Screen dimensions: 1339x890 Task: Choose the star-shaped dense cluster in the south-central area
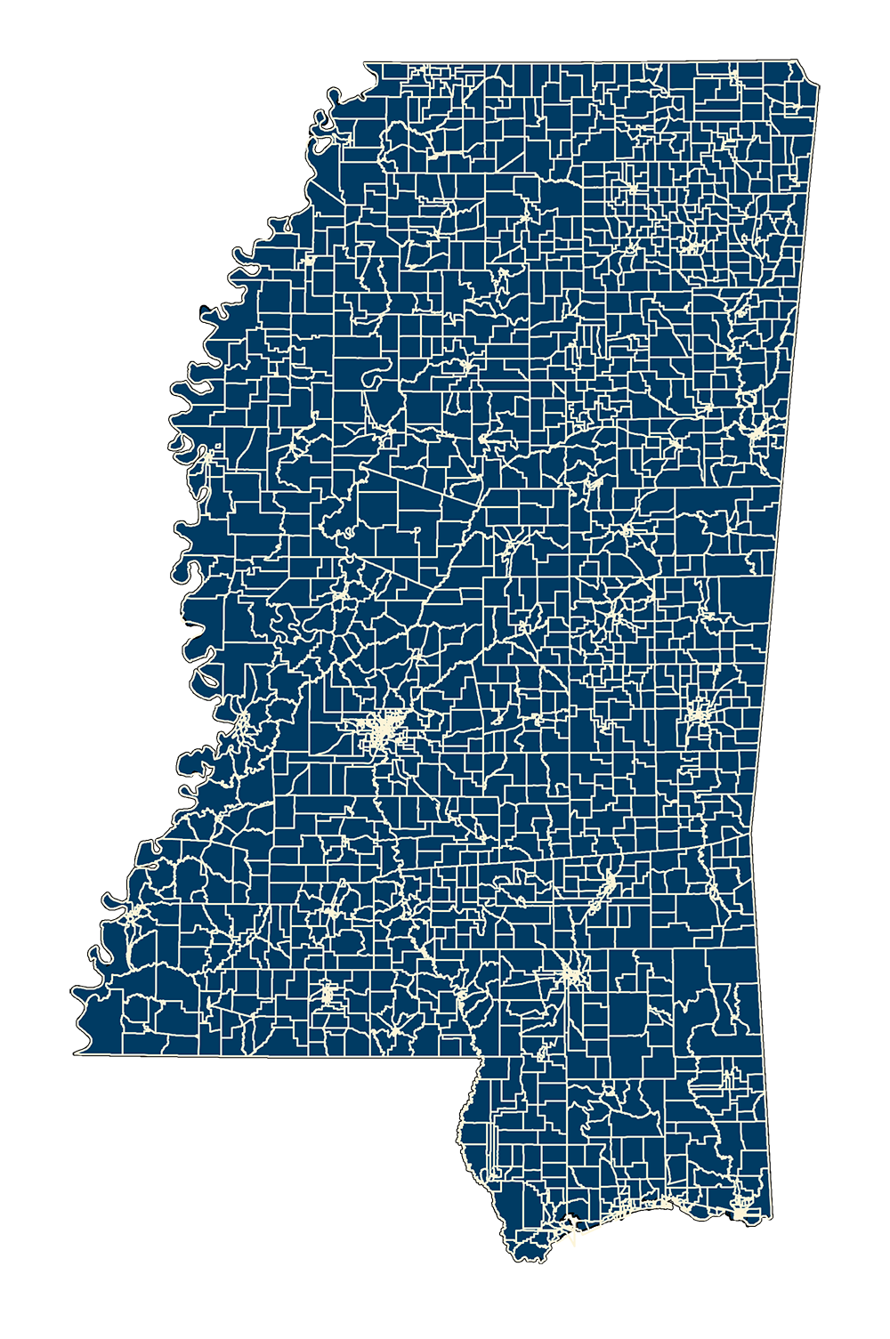tap(570, 974)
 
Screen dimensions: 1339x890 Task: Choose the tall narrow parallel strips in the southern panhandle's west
tap(492, 1148)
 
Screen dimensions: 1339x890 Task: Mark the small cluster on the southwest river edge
tap(133, 916)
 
